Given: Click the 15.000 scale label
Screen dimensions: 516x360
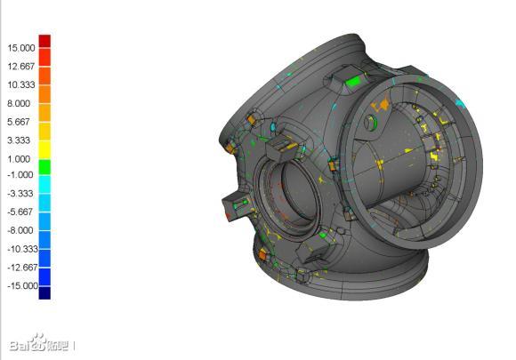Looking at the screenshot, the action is pyautogui.click(x=21, y=48).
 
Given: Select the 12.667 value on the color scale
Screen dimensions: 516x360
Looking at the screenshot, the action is pyautogui.click(x=21, y=67).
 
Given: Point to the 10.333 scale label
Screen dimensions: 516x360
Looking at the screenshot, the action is pyautogui.click(x=21, y=84).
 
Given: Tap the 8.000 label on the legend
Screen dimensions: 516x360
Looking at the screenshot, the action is pyautogui.click(x=19, y=104).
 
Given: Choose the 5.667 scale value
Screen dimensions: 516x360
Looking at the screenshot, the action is pyautogui.click(x=19, y=122).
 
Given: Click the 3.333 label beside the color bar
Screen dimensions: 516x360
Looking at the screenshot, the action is pyautogui.click(x=19, y=140).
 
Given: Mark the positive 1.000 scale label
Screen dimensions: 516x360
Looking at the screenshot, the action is pyautogui.click(x=19, y=159).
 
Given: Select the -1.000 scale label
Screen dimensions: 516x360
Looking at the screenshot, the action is pyautogui.click(x=20, y=174).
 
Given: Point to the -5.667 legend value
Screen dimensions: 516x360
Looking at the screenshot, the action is pyautogui.click(x=20, y=212).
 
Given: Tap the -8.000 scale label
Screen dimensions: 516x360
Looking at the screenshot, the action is pyautogui.click(x=20, y=230).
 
